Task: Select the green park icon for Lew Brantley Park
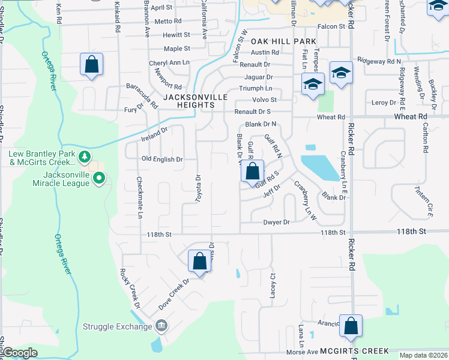tap(85, 157)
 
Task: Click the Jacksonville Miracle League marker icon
tap(100, 178)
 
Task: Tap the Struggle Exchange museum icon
tap(161, 326)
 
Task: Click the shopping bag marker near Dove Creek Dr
tap(200, 262)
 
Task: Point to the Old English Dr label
tap(161, 159)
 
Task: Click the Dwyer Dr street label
tap(276, 222)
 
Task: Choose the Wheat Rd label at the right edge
tap(414, 116)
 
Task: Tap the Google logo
tap(20, 353)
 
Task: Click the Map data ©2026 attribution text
tap(423, 355)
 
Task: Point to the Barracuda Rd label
tap(141, 94)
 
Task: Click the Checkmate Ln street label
tap(140, 197)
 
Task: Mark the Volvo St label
tap(264, 100)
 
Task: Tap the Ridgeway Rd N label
tap(379, 61)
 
